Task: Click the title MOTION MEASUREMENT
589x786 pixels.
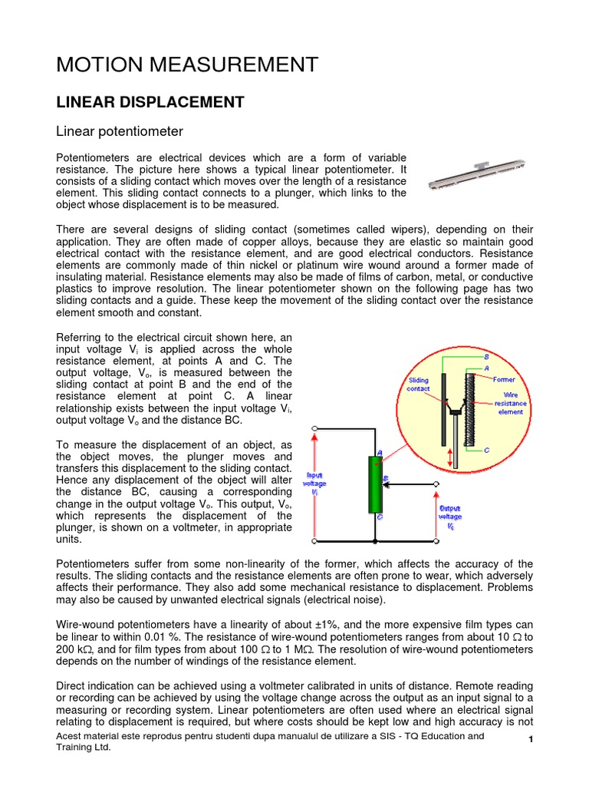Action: click(x=187, y=65)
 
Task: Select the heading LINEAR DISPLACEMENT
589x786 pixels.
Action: click(x=150, y=102)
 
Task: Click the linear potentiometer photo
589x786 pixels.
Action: click(x=477, y=174)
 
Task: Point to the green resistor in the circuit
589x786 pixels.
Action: click(x=375, y=484)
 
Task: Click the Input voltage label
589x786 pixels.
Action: click(x=316, y=484)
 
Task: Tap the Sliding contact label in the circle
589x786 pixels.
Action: click(x=419, y=384)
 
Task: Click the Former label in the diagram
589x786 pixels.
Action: click(x=504, y=379)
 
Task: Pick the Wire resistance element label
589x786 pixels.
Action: click(x=509, y=403)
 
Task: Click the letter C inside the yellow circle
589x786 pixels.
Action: click(x=486, y=450)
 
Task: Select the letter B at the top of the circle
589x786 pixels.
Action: click(x=485, y=357)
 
